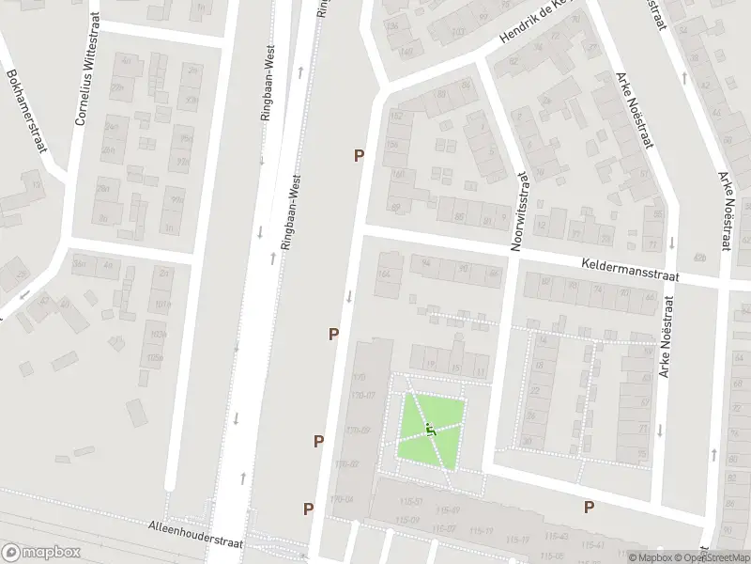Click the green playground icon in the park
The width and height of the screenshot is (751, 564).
pos(430,430)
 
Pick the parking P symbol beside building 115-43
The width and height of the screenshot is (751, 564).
pos(590,508)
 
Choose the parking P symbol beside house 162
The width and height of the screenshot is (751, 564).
pos(359,156)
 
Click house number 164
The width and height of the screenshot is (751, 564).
pos(382,274)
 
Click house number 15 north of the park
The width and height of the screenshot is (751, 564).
pos(456,368)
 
